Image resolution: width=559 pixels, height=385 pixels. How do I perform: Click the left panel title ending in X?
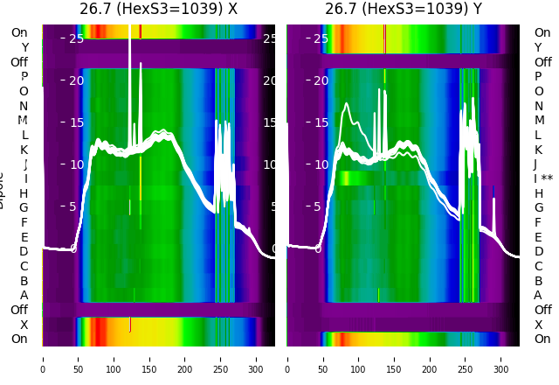[158, 10]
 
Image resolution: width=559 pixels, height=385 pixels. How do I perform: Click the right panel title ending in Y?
[404, 10]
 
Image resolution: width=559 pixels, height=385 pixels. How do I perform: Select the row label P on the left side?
[24, 77]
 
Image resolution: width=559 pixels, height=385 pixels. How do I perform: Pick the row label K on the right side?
[538, 150]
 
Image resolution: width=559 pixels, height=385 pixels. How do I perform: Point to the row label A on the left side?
[24, 296]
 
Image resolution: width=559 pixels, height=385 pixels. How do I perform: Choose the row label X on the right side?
[538, 325]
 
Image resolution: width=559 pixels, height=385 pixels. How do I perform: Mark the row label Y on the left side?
[24, 47]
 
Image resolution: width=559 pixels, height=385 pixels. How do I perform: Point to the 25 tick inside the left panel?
[76, 38]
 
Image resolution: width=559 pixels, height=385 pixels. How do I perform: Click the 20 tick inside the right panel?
[321, 80]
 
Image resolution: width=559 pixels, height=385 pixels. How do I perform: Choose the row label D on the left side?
[24, 252]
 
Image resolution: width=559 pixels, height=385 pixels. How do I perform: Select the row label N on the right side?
[538, 106]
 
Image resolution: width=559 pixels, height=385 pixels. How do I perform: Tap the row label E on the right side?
[538, 237]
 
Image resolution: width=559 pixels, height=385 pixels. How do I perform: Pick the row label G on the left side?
[24, 208]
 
